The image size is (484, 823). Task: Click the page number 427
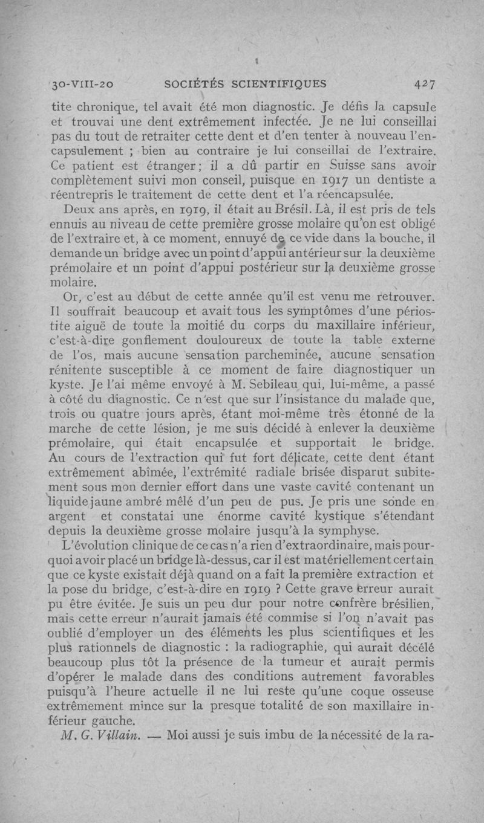[427, 84]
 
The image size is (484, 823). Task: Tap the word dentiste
[409, 179]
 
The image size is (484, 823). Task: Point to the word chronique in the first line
[103, 108]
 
